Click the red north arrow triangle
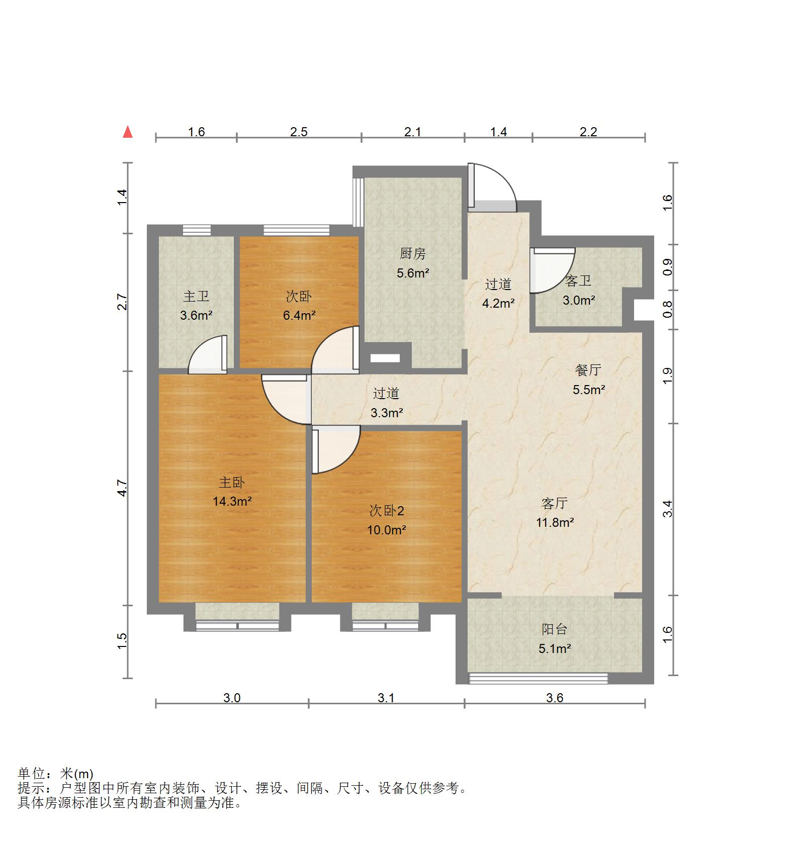128,132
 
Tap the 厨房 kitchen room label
412,254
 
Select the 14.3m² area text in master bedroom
232,501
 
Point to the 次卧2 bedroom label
386,511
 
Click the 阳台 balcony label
554,629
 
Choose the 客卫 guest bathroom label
578,281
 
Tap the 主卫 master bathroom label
196,296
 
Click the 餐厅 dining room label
588,370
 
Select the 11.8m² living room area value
555,522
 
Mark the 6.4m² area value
299,315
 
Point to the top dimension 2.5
299,132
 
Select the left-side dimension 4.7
123,488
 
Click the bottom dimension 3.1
386,698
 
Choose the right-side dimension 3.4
668,509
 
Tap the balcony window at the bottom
538,679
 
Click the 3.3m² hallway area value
387,413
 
